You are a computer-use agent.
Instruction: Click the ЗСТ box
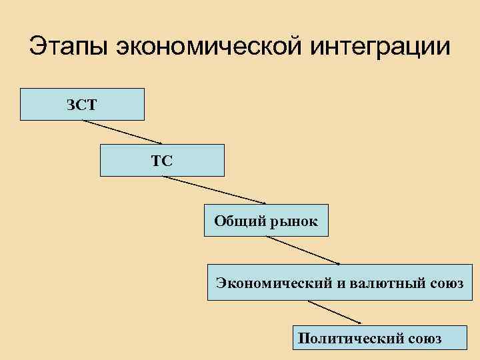pos(82,104)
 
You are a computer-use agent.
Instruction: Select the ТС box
pos(162,160)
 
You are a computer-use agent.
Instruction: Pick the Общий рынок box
pos(266,221)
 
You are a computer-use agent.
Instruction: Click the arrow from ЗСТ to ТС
pos(122,131)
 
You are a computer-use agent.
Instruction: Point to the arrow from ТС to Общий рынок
pos(214,189)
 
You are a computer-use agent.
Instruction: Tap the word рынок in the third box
pos(293,221)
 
